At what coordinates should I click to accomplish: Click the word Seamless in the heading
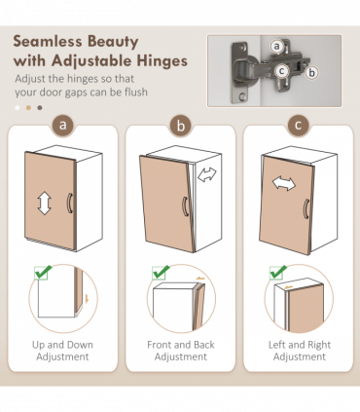point(48,42)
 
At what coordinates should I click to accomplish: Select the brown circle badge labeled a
point(63,125)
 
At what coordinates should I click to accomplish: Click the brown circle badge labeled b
point(181,125)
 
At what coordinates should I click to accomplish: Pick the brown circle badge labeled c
point(299,125)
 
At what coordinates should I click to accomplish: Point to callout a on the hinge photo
point(276,46)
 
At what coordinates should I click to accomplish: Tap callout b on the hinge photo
point(311,72)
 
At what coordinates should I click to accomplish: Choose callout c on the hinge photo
point(281,71)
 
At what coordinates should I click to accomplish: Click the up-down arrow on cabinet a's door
point(45,204)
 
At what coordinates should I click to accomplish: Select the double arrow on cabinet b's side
point(207,174)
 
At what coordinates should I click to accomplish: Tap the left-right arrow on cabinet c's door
point(284,183)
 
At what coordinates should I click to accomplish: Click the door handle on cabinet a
point(70,203)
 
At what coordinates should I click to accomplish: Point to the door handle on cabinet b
point(186,206)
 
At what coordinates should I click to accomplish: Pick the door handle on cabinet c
point(306,208)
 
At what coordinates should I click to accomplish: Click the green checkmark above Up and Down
point(43,272)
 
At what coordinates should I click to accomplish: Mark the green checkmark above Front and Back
point(161,272)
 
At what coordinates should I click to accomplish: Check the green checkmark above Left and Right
point(278,272)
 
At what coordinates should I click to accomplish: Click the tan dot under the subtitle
point(28,108)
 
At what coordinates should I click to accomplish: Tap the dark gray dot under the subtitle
point(40,108)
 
